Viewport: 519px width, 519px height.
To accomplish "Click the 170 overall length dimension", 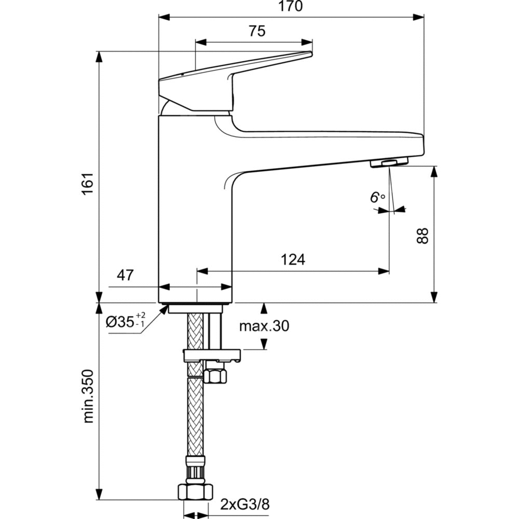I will [x=291, y=7].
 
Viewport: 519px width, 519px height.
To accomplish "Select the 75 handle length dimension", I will [x=256, y=31].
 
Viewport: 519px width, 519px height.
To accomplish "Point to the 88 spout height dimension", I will [x=424, y=236].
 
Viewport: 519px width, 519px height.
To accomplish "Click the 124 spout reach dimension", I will [x=293, y=259].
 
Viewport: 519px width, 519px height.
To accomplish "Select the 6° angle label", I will [x=377, y=197].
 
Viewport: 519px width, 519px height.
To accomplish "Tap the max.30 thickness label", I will [x=264, y=326].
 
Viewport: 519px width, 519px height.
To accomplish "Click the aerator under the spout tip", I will [x=389, y=163].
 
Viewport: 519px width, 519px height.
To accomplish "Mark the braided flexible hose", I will [x=195, y=415].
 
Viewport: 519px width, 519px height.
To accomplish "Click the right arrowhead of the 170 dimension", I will [x=420, y=17].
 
